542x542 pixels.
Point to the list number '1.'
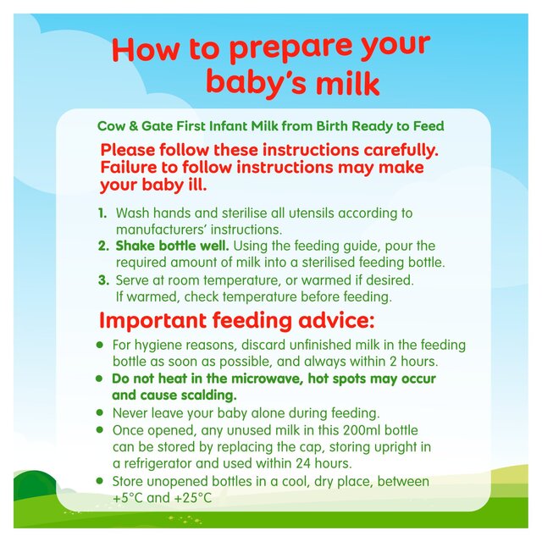(103, 213)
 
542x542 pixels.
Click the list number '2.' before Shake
(103, 246)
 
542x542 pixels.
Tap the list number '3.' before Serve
(103, 279)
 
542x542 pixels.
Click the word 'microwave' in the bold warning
(257, 379)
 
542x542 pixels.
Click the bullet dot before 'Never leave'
(100, 413)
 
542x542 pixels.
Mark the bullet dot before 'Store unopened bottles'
(100, 481)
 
